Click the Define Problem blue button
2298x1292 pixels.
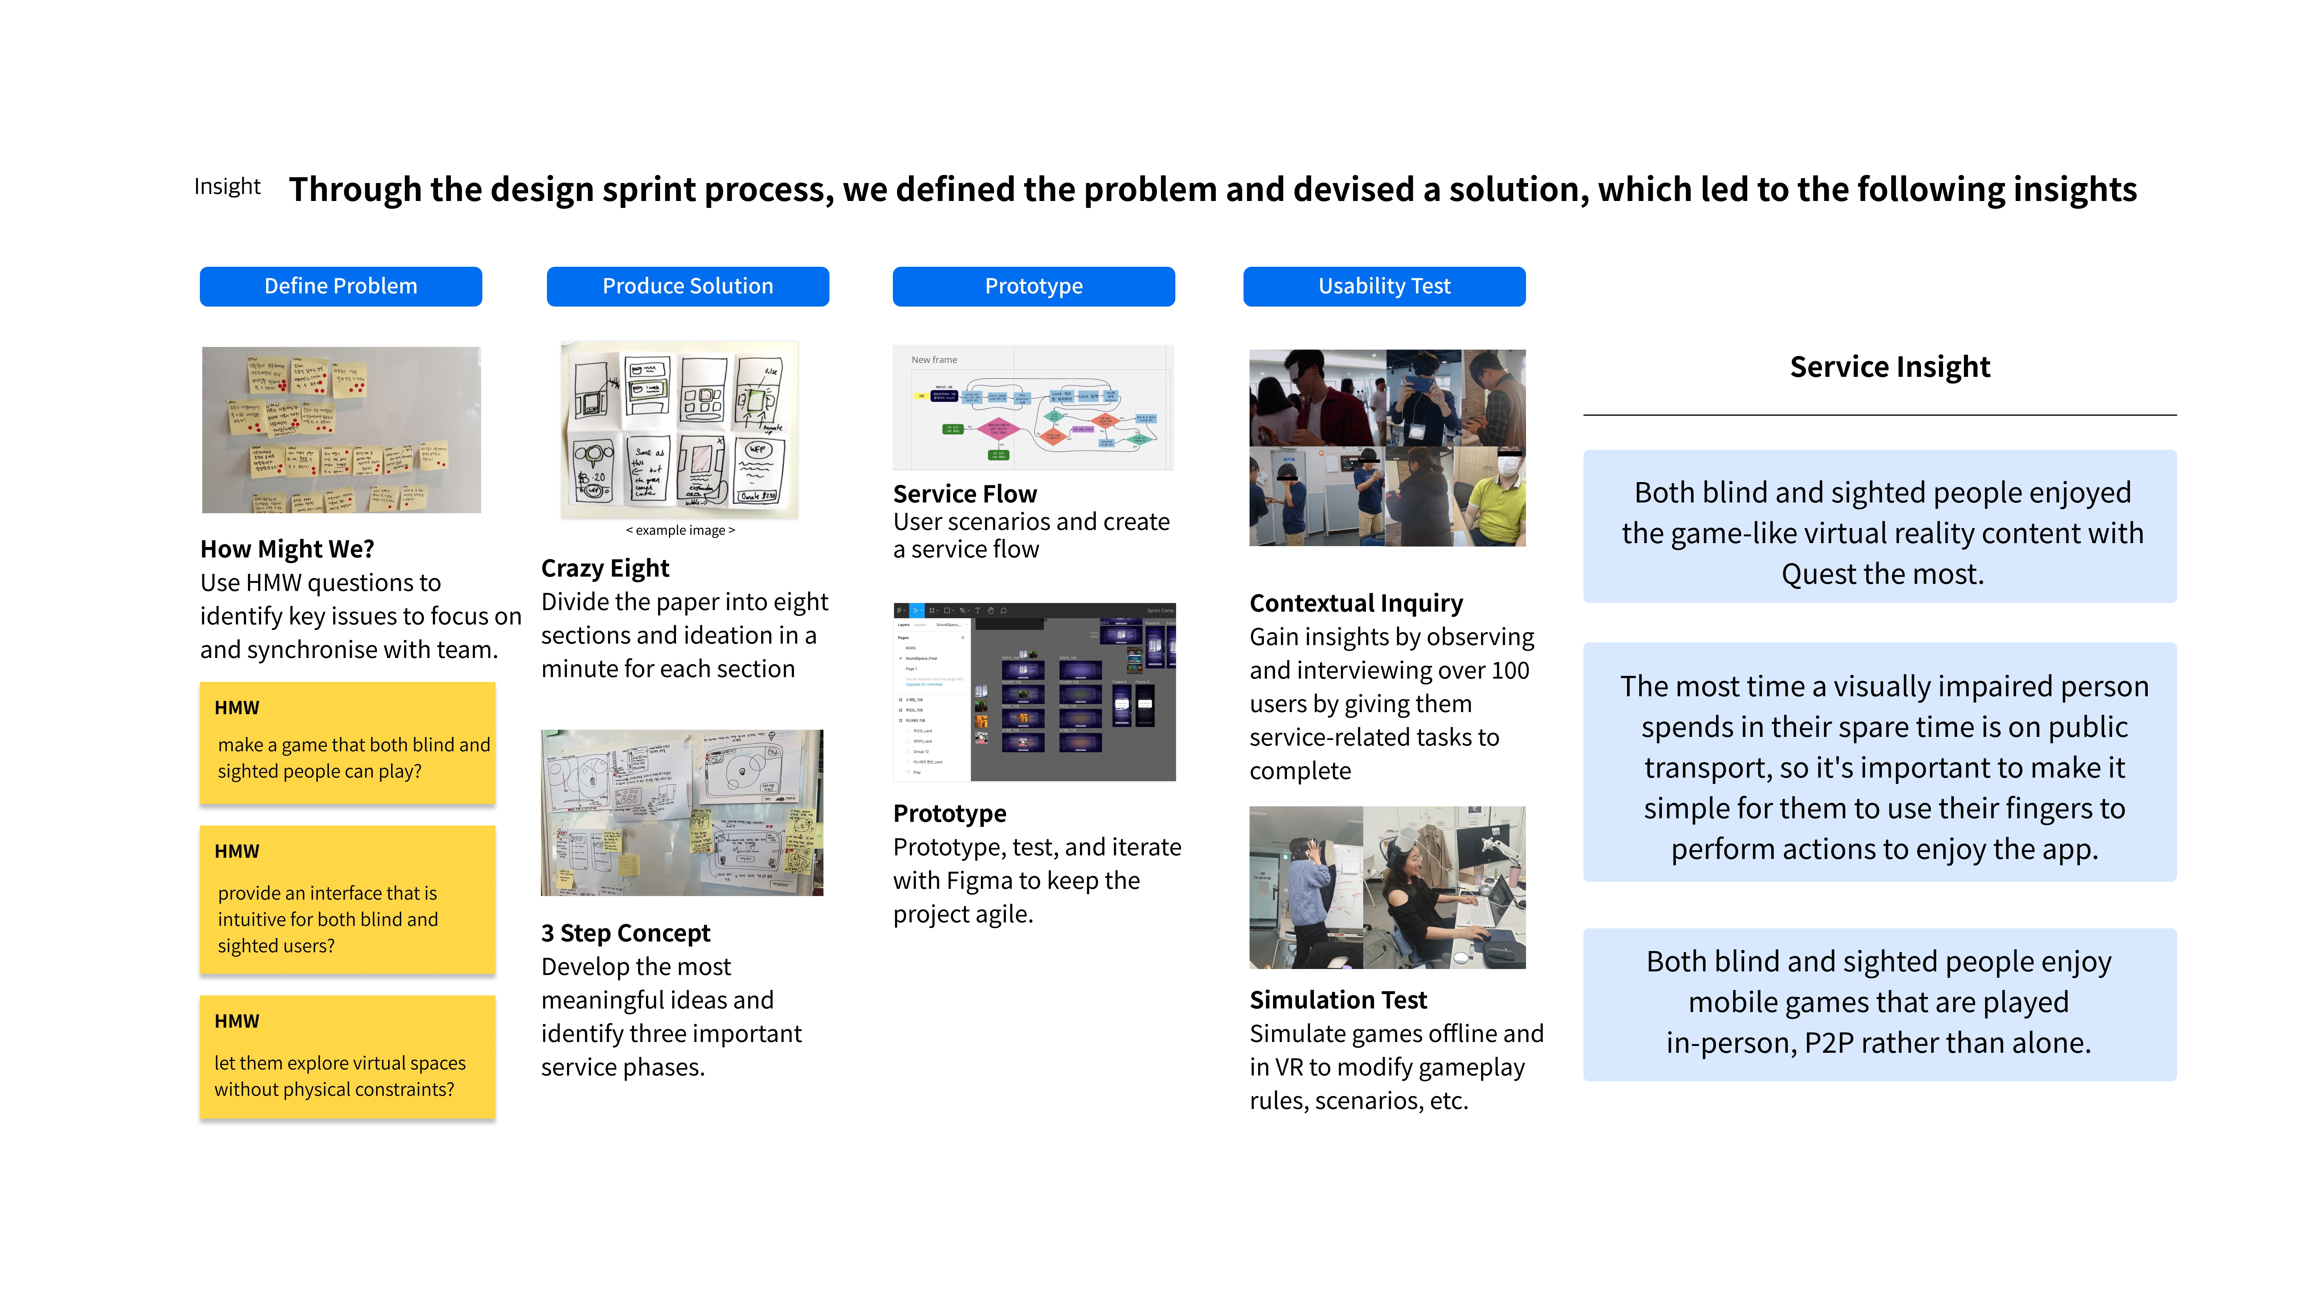click(x=341, y=286)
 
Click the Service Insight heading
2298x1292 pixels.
click(x=1890, y=366)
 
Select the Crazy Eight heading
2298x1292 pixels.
click(x=605, y=568)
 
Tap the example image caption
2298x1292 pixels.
click(x=681, y=531)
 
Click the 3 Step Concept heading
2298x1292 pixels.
click(x=625, y=933)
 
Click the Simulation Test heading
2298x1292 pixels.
click(x=1338, y=1000)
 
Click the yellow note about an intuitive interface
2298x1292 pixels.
click(x=347, y=899)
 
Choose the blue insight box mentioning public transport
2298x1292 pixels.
click(x=1880, y=762)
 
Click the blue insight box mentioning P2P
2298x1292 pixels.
click(x=1880, y=1004)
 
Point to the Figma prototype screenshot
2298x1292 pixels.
click(x=1034, y=692)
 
